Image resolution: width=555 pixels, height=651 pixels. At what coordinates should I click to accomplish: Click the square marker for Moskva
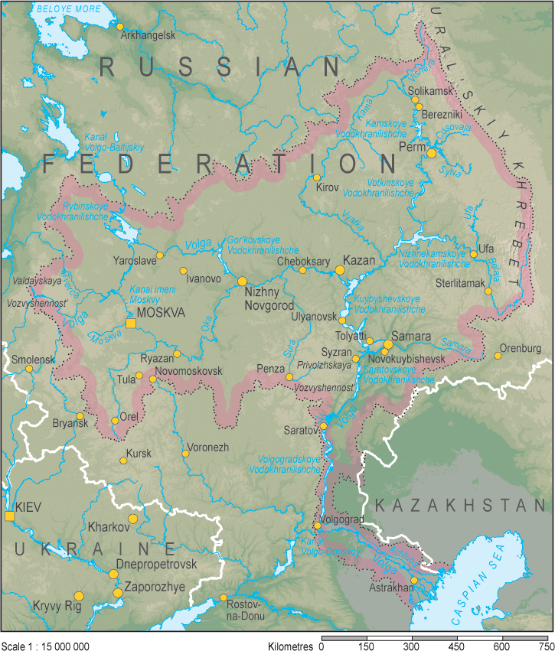point(131,324)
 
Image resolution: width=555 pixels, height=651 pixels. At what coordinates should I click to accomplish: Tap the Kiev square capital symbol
point(9,518)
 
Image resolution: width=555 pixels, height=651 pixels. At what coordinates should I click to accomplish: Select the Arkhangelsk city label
point(149,35)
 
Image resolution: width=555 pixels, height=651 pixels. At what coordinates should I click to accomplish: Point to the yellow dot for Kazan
point(341,270)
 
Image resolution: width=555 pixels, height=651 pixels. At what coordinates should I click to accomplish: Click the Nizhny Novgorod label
point(269,299)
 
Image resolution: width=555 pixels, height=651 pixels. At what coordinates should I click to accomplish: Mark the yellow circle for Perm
point(432,153)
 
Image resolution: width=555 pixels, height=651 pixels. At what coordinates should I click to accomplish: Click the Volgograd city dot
point(318,526)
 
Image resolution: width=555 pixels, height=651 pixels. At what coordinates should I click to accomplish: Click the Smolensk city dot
point(29,369)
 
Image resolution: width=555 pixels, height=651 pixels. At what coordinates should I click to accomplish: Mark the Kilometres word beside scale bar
point(291,646)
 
